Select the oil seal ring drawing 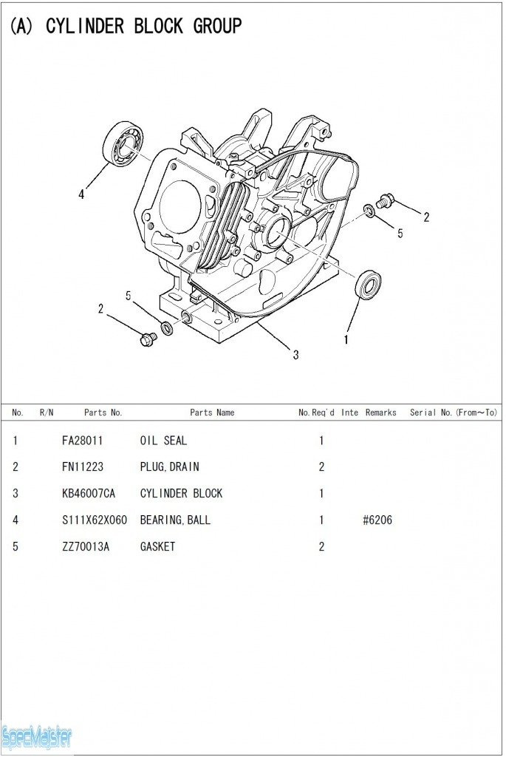click(368, 285)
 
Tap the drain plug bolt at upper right click(385, 200)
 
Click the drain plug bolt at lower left click(148, 339)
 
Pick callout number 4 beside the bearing click(82, 195)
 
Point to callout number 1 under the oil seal click(346, 340)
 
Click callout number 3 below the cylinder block click(295, 355)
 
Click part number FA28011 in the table click(83, 441)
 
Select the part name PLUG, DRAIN click(169, 467)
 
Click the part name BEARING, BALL click(175, 520)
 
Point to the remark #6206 click(377, 520)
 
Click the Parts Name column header click(212, 413)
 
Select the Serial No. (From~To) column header click(454, 413)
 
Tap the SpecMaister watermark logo click(37, 736)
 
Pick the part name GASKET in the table click(157, 547)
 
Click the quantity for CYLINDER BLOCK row click(321, 494)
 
